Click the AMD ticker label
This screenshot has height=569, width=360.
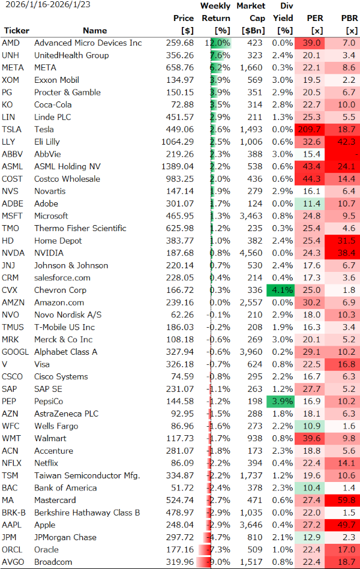[10, 43]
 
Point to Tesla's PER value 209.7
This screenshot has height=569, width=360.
[310, 129]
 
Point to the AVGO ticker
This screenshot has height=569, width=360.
[12, 562]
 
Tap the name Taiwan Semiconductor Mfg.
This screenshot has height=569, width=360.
[86, 475]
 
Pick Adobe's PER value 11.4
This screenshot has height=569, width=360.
[310, 203]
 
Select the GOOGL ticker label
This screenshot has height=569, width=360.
[15, 352]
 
